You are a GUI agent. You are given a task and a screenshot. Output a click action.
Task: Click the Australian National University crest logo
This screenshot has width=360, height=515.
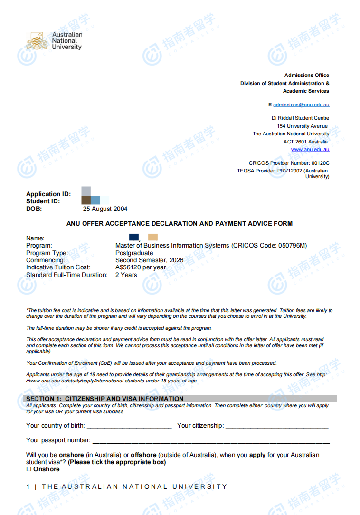point(38,41)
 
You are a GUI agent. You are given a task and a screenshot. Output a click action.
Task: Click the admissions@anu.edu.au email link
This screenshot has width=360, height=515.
point(301,105)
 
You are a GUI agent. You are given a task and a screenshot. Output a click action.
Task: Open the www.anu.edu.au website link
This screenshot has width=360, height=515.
point(310,150)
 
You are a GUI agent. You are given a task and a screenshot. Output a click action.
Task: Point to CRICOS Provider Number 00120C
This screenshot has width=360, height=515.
point(289,163)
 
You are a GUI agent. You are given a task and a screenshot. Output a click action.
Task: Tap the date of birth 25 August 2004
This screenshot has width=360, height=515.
point(105,209)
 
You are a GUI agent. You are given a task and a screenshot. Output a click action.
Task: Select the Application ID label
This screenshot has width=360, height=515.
point(48,194)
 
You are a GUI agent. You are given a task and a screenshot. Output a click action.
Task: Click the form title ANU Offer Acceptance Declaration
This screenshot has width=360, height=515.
point(180,223)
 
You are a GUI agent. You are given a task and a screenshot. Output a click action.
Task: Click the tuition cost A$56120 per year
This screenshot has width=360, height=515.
point(141,267)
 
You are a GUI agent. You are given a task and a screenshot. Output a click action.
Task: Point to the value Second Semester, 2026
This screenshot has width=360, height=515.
point(149,260)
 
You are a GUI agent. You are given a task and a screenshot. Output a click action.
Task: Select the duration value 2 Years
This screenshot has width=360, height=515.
point(126,275)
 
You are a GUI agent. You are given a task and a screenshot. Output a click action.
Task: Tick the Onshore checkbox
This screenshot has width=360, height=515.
point(28,469)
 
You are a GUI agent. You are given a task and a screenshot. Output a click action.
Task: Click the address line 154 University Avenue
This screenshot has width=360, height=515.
point(303,126)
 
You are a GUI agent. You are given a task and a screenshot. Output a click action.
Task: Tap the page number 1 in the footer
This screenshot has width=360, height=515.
point(28,486)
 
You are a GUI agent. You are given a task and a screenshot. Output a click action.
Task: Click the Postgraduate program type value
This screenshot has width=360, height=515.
point(134,253)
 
